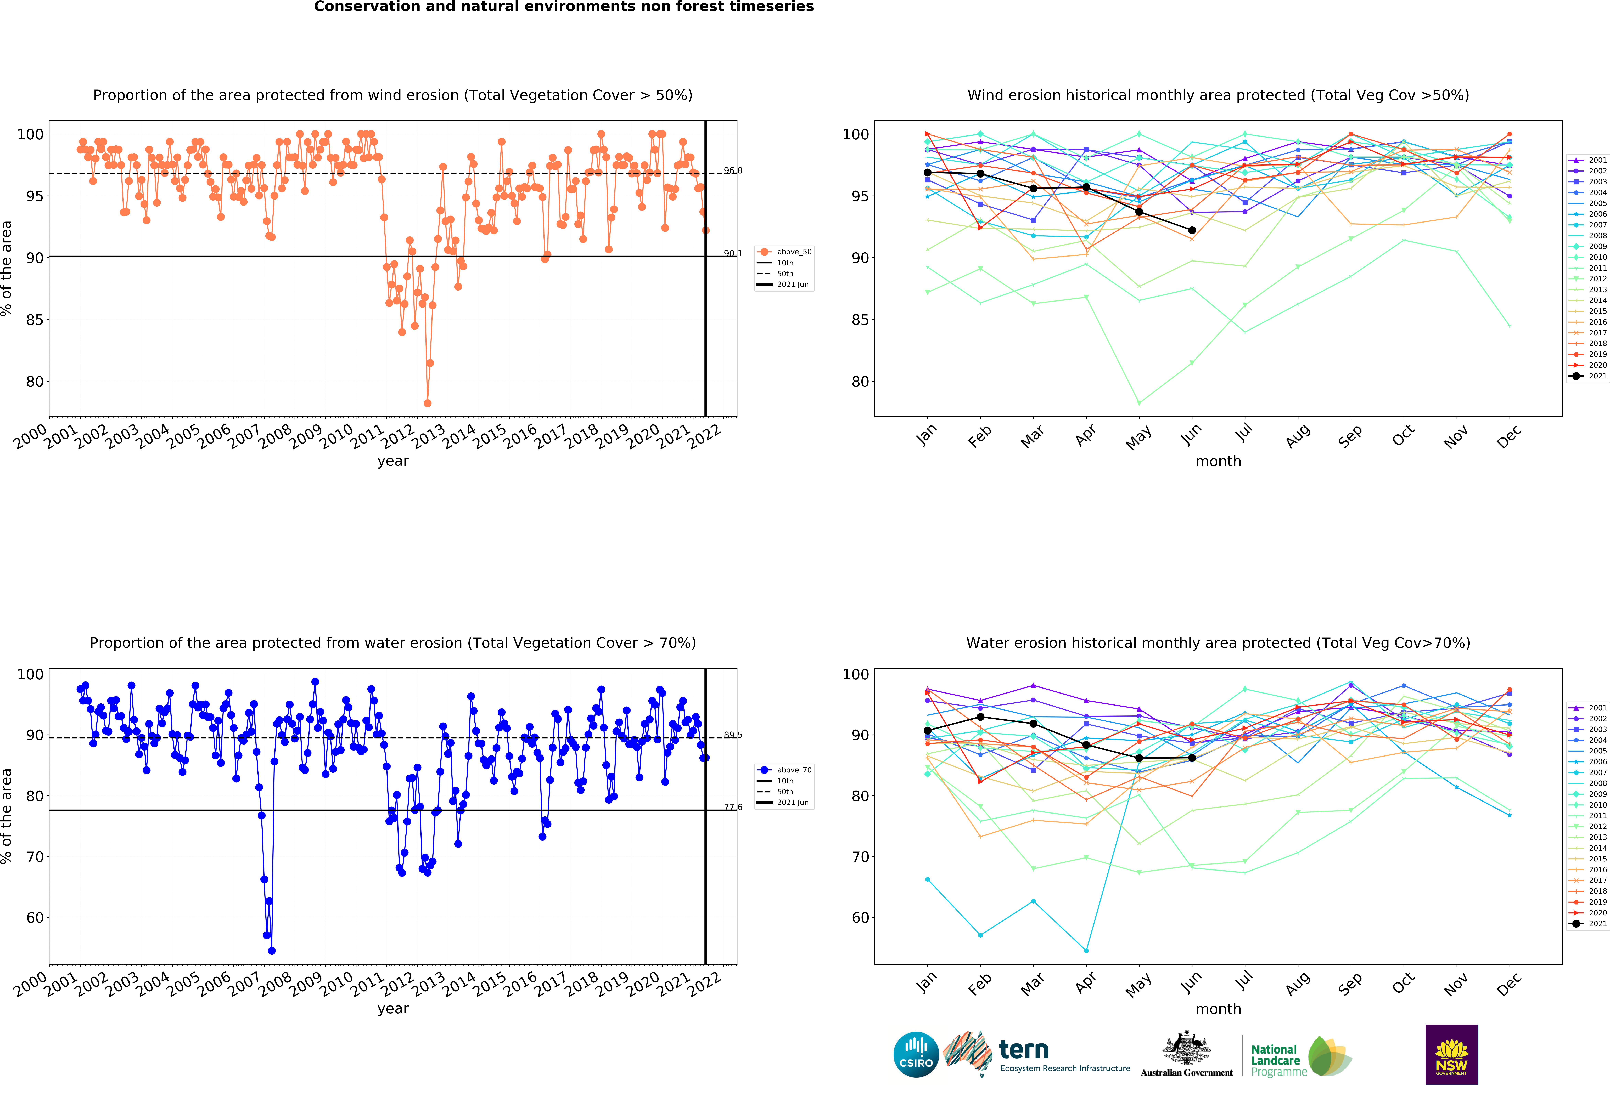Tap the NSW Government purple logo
point(1451,1054)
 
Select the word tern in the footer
point(1024,1050)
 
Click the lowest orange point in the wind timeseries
point(427,403)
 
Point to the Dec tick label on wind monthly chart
point(1509,436)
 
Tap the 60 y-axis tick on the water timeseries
point(35,918)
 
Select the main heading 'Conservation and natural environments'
point(563,7)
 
